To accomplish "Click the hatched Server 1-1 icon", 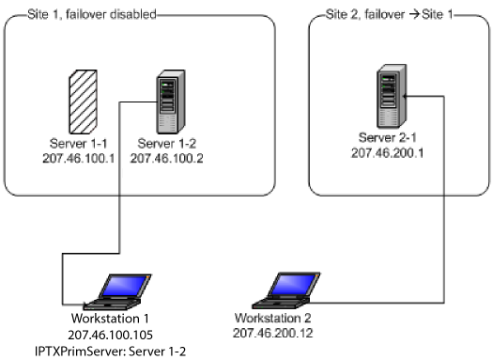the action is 83,102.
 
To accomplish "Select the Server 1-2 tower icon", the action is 171,102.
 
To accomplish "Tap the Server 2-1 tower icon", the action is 392,96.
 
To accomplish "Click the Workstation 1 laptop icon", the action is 117,292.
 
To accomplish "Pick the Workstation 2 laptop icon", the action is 286,290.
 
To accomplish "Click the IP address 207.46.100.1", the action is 79,158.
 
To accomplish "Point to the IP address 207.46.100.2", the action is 166,158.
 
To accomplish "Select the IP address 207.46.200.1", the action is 387,153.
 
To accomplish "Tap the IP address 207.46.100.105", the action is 111,335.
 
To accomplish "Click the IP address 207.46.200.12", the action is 273,333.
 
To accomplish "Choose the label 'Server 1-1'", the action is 79,144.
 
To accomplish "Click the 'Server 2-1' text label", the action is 387,138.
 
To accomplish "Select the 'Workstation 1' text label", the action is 110,319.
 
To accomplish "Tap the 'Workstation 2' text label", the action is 273,318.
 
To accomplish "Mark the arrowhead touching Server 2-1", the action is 405,96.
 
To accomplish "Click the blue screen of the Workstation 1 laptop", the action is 124,286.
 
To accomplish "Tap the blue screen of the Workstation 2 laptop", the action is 293,284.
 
